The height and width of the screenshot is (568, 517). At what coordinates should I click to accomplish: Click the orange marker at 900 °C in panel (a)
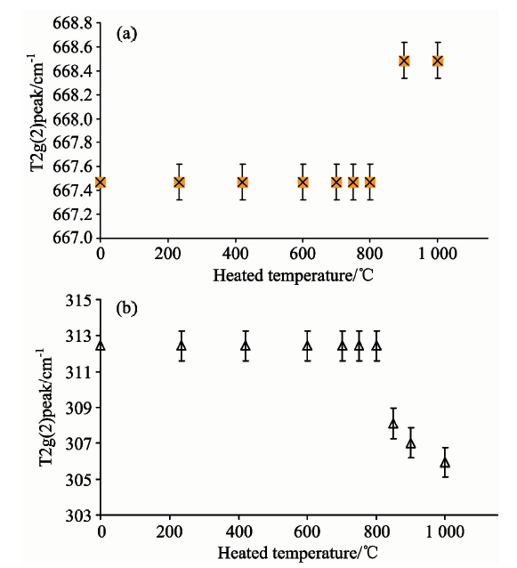click(404, 61)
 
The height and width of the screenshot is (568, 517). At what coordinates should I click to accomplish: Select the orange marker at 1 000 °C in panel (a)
click(438, 61)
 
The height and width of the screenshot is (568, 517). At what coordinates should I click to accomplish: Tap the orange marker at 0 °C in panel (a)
click(101, 183)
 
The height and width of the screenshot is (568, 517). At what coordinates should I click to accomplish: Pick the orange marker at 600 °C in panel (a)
click(303, 183)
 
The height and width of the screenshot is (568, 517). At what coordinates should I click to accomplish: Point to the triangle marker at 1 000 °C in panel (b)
click(445, 463)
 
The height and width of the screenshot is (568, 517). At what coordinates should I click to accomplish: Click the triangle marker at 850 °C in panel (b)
click(393, 424)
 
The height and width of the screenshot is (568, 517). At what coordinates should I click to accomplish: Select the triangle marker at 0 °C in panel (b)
click(101, 345)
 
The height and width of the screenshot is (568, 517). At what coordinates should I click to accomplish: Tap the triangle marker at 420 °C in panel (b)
click(246, 346)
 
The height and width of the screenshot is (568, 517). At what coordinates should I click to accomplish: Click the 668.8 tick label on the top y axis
click(72, 24)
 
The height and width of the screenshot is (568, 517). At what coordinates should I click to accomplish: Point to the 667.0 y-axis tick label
click(72, 238)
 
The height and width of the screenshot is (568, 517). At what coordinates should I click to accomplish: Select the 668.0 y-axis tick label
click(72, 119)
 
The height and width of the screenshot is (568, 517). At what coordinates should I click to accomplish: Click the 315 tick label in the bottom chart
click(78, 301)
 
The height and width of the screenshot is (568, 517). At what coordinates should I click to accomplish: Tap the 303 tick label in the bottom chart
click(78, 515)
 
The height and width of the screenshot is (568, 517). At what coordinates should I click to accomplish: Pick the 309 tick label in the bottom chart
click(78, 409)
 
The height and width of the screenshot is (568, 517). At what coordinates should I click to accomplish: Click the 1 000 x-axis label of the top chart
click(437, 254)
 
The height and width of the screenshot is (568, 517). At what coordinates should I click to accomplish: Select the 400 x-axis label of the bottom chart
click(238, 531)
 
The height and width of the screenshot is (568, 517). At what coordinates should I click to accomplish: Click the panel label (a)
click(126, 34)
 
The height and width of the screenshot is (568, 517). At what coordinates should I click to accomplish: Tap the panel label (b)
click(126, 308)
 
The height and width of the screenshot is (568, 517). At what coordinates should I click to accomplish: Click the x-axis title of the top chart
click(293, 276)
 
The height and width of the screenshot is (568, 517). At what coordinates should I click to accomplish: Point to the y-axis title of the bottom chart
click(46, 407)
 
